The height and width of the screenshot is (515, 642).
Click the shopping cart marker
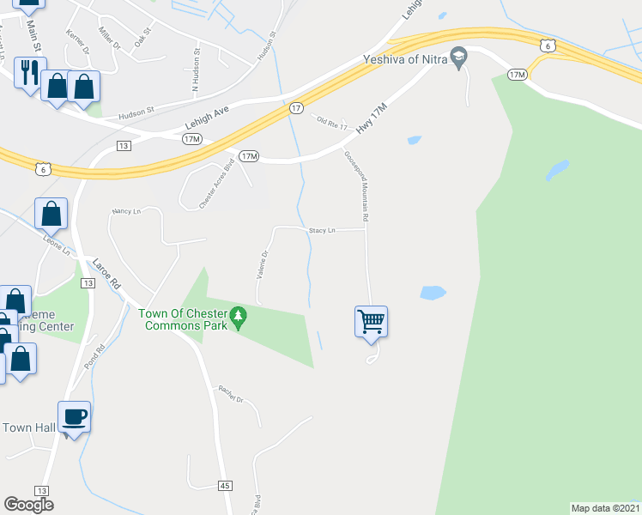(x=371, y=323)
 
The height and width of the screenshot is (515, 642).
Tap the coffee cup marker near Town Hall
(x=74, y=417)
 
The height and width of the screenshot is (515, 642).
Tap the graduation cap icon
(x=459, y=58)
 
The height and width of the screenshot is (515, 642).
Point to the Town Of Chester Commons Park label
(x=184, y=319)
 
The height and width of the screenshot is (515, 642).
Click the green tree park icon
(x=240, y=319)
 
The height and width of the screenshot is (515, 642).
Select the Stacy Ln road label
(x=322, y=231)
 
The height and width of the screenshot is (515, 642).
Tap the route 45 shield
(x=225, y=486)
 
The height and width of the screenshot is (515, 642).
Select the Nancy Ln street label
(x=125, y=210)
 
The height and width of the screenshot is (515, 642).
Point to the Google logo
(x=27, y=505)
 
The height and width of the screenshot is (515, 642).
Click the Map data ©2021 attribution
(x=605, y=508)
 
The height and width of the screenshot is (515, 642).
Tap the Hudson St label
(x=136, y=111)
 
